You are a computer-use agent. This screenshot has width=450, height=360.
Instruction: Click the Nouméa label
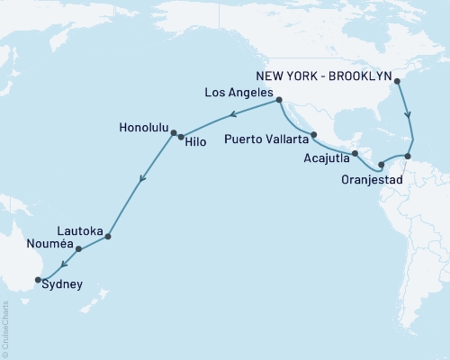pos(49,243)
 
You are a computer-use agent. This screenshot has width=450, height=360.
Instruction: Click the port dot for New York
pos(397,81)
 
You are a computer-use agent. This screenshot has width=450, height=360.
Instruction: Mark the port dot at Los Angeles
pos(279,100)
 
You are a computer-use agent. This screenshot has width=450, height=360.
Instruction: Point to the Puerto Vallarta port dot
pos(313,135)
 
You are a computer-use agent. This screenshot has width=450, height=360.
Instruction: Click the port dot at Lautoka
pos(108,237)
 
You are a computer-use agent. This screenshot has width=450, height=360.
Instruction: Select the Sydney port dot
pos(37,280)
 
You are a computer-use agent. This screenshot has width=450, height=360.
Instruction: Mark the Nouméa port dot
pos(78,249)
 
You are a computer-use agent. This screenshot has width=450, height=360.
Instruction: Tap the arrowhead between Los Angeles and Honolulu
pos(230,114)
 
